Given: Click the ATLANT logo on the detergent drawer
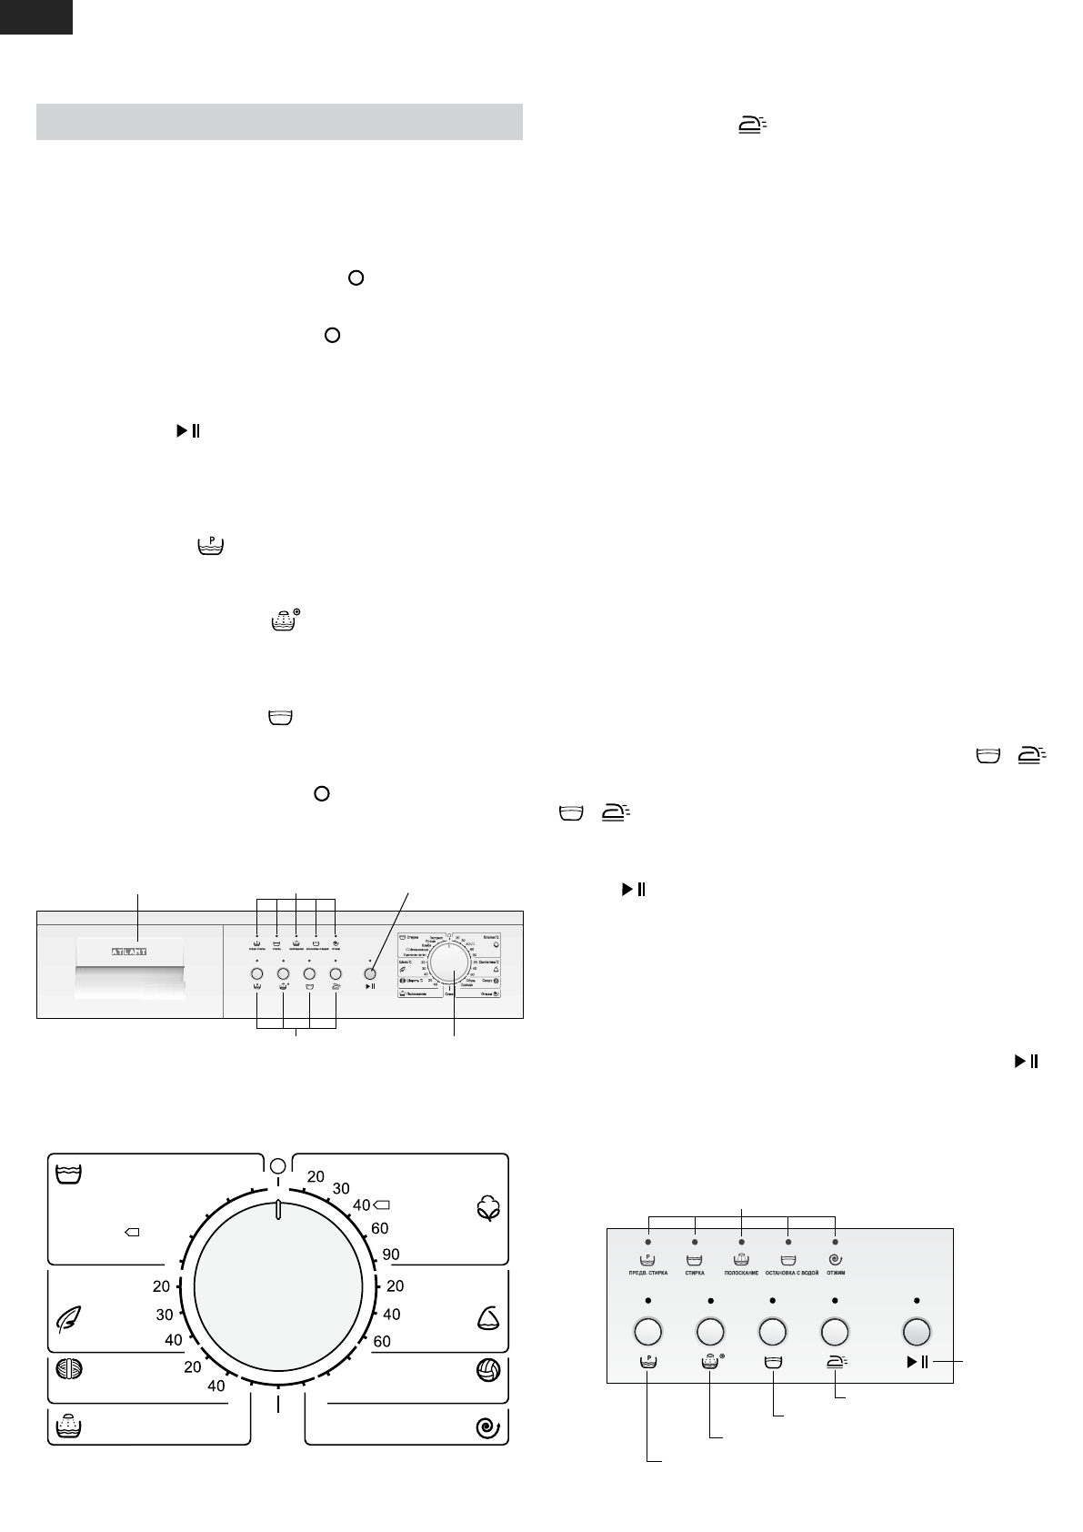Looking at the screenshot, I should tap(128, 951).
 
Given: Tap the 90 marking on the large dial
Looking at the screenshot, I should tap(391, 1255).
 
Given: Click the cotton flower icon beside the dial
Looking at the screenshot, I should tap(488, 1209).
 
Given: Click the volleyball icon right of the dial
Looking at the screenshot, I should tap(488, 1371).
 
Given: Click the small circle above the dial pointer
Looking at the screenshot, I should tap(278, 1165).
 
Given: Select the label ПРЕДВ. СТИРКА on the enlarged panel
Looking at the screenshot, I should tap(648, 1273).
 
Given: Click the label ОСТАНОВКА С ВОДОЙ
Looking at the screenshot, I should tap(787, 1273).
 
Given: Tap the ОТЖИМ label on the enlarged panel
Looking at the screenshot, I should tap(835, 1273).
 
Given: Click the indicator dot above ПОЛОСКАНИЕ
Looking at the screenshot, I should tap(741, 1241).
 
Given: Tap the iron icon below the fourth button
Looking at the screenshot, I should tap(835, 1362).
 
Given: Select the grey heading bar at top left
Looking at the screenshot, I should tap(279, 122).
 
